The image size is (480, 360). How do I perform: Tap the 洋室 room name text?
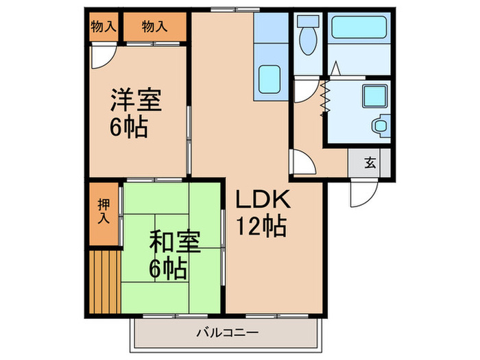pos(136,101)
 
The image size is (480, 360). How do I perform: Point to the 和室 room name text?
pos(175,243)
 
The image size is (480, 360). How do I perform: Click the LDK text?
pos(264,200)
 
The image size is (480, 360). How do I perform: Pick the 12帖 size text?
pos(261,224)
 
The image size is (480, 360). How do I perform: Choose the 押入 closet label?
pos(104,211)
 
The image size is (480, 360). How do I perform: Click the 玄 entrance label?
pos(370,163)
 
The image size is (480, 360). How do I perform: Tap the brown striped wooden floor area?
pos(104,280)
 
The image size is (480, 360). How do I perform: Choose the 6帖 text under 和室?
pos(169,268)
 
